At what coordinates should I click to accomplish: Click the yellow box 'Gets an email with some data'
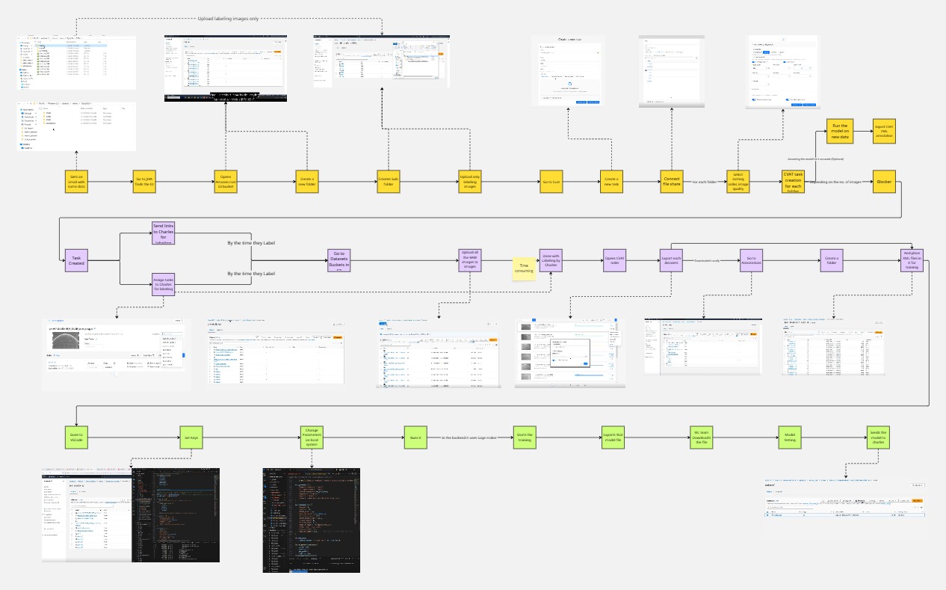click(77, 181)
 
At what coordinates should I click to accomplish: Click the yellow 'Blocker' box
click(883, 181)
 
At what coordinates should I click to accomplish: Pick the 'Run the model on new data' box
click(840, 130)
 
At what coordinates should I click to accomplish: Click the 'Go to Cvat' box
click(551, 181)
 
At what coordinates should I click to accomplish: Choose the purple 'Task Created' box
click(76, 260)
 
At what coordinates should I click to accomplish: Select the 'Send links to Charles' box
click(164, 233)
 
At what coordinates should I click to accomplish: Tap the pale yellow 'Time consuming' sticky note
click(524, 268)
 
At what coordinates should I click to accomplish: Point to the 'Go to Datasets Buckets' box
click(338, 260)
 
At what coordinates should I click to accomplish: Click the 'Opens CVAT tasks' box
click(614, 260)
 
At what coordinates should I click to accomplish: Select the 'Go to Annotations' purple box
click(749, 260)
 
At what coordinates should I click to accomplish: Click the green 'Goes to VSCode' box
click(77, 437)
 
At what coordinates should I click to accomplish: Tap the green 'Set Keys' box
click(189, 437)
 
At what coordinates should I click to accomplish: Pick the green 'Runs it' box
click(414, 437)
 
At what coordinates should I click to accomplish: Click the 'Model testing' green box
click(789, 437)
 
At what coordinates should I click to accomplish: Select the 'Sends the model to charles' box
click(877, 437)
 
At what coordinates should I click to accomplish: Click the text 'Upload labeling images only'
click(228, 19)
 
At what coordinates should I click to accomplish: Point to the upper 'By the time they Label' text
click(251, 243)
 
